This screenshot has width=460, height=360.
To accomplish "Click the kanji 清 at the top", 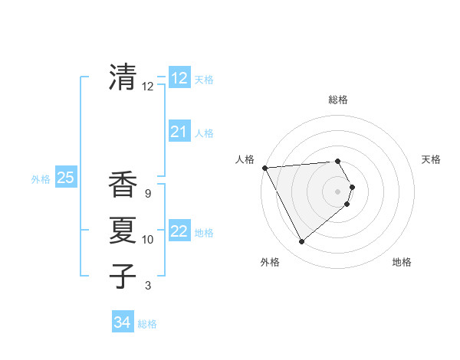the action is [123, 77].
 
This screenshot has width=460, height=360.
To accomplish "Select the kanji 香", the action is [123, 185].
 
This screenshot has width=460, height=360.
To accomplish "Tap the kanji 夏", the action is [123, 231].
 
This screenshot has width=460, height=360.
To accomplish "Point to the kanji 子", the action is [123, 277].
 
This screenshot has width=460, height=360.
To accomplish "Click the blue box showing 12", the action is [179, 78].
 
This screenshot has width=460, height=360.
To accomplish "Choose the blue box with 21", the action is [179, 132].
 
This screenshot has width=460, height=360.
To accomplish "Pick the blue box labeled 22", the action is [179, 231].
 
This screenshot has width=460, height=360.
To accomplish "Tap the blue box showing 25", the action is [65, 178].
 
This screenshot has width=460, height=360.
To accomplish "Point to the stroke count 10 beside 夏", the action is [148, 240].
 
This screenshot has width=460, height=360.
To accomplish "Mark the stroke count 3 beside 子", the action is [148, 286].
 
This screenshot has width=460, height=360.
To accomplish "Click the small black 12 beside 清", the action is [148, 87].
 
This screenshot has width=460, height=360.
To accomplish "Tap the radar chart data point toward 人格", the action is [264, 168].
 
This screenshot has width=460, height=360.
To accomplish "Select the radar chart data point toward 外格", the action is [301, 242].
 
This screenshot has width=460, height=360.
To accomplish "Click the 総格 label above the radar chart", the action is [338, 100].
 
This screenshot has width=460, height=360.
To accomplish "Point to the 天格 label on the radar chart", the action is [431, 159].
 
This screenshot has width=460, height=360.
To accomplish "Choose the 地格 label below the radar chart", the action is [402, 262].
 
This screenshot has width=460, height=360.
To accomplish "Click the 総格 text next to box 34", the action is [147, 324].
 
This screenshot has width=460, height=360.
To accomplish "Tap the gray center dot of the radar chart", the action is [338, 191].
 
